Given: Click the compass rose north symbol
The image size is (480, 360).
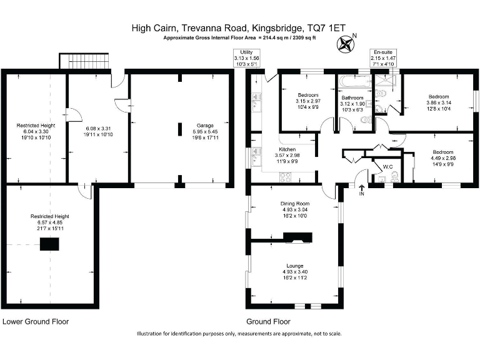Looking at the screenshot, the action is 345,44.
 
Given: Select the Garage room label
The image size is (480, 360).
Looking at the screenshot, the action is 205,126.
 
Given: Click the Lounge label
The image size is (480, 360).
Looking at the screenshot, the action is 295,266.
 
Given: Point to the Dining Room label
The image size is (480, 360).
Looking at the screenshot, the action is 295,204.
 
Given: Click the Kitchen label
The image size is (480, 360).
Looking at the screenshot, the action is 287,149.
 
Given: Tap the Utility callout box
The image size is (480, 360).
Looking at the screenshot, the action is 246,58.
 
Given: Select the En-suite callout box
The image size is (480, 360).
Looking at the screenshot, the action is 382,58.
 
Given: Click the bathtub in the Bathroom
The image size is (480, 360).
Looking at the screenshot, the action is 352,82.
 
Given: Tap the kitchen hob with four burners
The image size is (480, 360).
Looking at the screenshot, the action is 285,177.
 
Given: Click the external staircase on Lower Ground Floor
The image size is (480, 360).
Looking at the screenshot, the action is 84,61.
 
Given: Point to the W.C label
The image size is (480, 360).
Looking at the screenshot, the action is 388,167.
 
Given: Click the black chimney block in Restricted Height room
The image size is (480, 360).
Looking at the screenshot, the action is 49,244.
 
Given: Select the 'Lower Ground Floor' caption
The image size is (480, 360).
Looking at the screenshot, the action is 36,321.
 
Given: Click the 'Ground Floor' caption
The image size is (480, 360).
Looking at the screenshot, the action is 268,321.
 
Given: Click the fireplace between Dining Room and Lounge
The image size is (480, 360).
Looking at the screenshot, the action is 297,238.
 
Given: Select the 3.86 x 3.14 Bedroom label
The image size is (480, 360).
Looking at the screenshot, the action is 439,102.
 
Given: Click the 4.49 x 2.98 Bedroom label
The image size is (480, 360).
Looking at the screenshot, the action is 443,158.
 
